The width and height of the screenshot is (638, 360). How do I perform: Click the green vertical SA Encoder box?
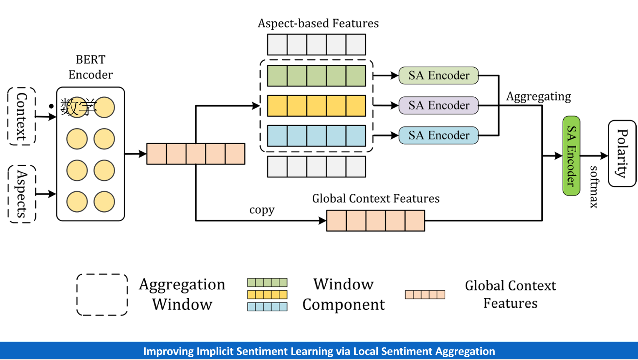coord(571,156)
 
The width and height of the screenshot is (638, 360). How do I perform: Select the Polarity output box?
coord(622,153)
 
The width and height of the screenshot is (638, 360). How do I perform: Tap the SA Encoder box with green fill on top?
coord(438,76)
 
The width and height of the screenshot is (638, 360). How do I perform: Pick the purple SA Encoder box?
coord(438,105)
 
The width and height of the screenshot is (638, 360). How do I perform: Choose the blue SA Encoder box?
coord(438,135)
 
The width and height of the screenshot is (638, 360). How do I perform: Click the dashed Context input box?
coord(22,116)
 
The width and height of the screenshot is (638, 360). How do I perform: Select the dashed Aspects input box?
coord(22,194)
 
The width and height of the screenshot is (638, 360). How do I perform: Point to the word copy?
coord(262,210)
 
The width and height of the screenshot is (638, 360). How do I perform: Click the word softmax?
coord(594,187)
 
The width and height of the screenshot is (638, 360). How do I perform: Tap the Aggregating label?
coord(538,96)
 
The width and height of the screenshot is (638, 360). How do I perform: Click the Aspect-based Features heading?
coord(318,23)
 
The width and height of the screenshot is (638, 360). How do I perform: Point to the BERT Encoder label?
coord(91,67)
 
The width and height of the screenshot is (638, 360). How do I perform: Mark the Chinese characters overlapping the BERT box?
coord(78,107)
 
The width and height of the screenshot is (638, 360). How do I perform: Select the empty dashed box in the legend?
coord(102,294)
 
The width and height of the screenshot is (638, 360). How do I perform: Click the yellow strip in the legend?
coord(267,294)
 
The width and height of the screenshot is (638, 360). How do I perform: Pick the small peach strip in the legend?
coord(425,294)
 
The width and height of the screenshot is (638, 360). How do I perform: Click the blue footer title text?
coord(319,351)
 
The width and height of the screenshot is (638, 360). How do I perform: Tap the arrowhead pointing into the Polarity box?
coord(605,156)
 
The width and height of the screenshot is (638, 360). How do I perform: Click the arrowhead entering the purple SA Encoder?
coord(395,106)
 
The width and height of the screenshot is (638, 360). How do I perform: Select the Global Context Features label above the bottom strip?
coord(376,198)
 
